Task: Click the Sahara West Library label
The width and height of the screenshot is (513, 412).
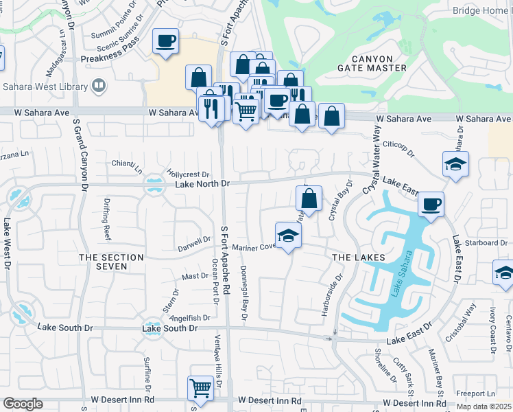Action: pos(45,87)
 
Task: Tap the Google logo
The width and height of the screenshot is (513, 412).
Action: pos(23,404)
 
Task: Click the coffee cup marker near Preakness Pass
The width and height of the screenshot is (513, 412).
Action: pos(165,41)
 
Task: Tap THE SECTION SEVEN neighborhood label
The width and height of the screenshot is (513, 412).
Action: pos(111,262)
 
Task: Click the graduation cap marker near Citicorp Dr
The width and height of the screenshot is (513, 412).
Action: pos(455,164)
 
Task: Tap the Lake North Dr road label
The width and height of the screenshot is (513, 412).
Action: pos(202,184)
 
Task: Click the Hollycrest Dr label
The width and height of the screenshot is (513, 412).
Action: pos(187,174)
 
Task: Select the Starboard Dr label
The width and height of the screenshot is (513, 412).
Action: pos(486,242)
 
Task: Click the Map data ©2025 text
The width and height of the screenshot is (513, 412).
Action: pos(484,406)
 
